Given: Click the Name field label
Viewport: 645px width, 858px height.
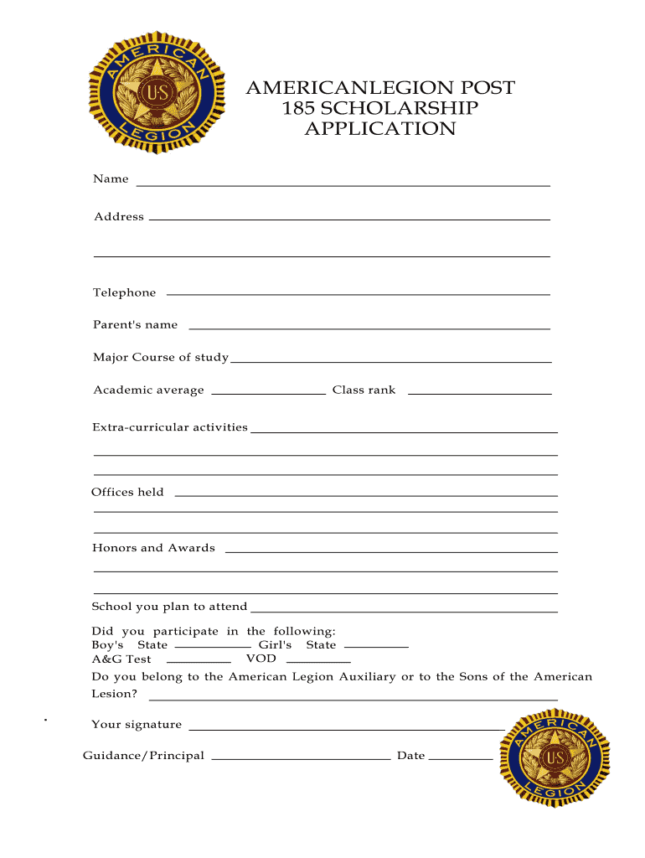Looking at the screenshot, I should click(111, 179).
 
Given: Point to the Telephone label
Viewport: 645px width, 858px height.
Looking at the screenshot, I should click(124, 292).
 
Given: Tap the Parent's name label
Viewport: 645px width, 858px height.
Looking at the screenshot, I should click(135, 324).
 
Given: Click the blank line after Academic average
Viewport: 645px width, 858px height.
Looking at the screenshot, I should click(269, 391).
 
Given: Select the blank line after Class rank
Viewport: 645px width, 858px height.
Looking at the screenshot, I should click(479, 391).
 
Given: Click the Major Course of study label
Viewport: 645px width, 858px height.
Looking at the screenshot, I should click(160, 358).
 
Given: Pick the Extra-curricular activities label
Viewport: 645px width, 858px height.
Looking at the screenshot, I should click(169, 427).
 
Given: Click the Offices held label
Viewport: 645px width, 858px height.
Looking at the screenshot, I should click(127, 492).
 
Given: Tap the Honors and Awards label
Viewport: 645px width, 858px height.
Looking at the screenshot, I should click(153, 548).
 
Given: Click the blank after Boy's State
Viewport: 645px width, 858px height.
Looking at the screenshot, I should click(213, 647).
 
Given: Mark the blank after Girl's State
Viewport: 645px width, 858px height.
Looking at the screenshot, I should click(376, 647).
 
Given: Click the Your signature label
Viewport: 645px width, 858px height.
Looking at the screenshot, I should click(137, 725).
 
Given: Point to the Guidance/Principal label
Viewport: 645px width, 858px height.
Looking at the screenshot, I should click(143, 756).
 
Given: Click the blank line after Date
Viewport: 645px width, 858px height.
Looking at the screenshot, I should click(462, 759).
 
